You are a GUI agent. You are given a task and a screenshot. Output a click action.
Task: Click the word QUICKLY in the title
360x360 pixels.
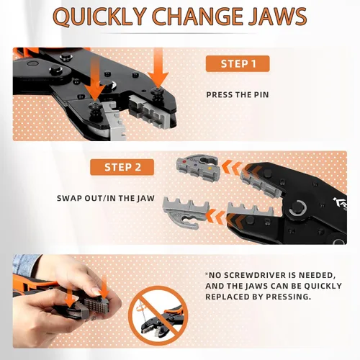pos(99,17)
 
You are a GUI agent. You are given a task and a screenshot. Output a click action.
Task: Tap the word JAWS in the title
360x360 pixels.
pos(278,17)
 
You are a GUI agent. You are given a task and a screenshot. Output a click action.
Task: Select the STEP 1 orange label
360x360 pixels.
pos(238,63)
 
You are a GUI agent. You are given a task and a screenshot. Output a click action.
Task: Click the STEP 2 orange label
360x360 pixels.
pos(122,167)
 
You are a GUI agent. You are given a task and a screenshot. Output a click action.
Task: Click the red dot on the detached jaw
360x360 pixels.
pos(184,162)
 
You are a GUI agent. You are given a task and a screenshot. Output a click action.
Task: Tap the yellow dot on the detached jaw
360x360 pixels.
pos(210,168)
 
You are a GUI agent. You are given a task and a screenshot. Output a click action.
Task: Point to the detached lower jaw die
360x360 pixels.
pos(186,212)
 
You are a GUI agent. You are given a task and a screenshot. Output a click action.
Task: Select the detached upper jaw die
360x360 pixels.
pos(197,167)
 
